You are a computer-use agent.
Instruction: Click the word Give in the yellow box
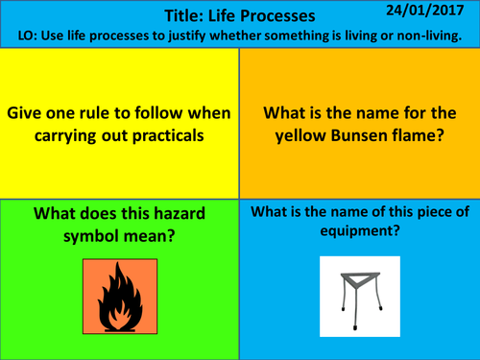click(26, 113)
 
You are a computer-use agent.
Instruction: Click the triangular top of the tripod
click(359, 276)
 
